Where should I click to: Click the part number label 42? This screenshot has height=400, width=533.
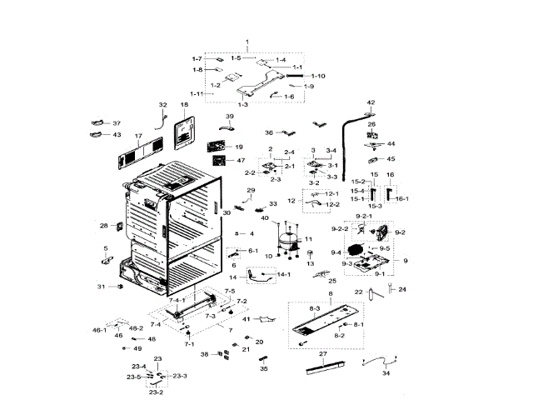click(x=371, y=102)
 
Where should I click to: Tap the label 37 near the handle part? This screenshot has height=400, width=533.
click(x=117, y=123)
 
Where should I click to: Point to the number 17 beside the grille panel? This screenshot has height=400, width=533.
click(x=138, y=135)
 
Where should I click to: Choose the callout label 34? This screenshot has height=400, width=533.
click(x=386, y=374)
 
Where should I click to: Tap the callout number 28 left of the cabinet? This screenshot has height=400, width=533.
click(x=103, y=226)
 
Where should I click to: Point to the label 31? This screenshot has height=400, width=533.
click(x=101, y=287)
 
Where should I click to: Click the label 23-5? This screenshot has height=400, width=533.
click(x=134, y=377)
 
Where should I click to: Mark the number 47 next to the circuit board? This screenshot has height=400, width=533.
click(x=241, y=160)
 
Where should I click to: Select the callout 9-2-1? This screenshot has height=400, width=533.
click(x=364, y=217)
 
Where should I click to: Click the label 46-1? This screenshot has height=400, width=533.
click(x=100, y=331)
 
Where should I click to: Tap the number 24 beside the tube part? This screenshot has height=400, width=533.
click(x=401, y=289)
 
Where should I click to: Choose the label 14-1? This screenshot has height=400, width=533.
click(x=283, y=274)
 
